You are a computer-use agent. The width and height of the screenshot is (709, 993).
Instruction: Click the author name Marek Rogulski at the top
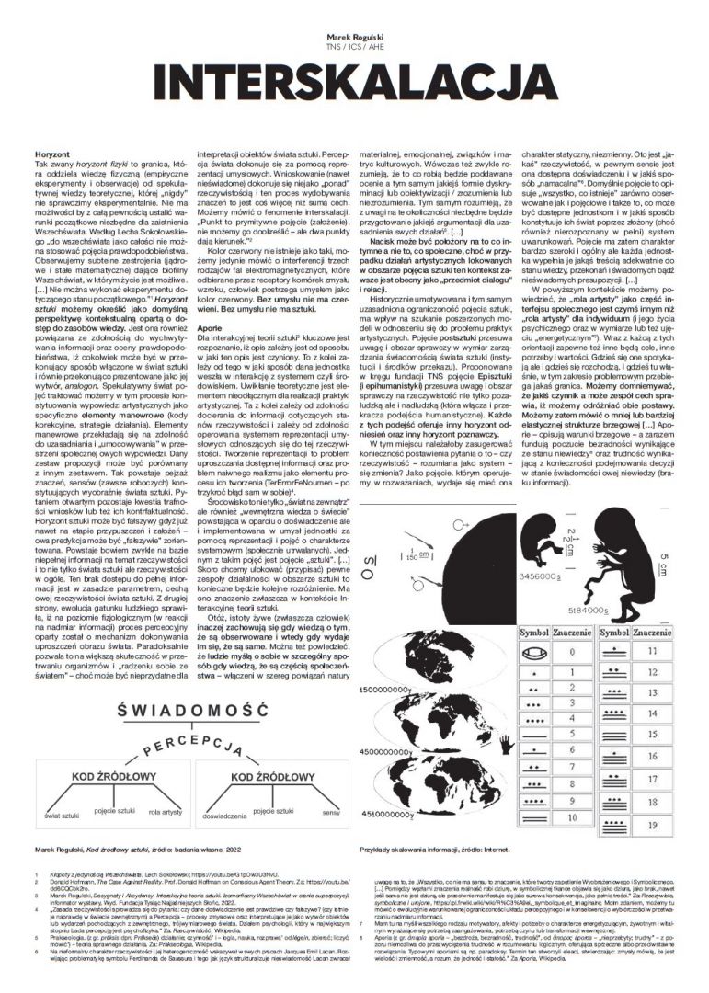(x=354, y=29)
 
